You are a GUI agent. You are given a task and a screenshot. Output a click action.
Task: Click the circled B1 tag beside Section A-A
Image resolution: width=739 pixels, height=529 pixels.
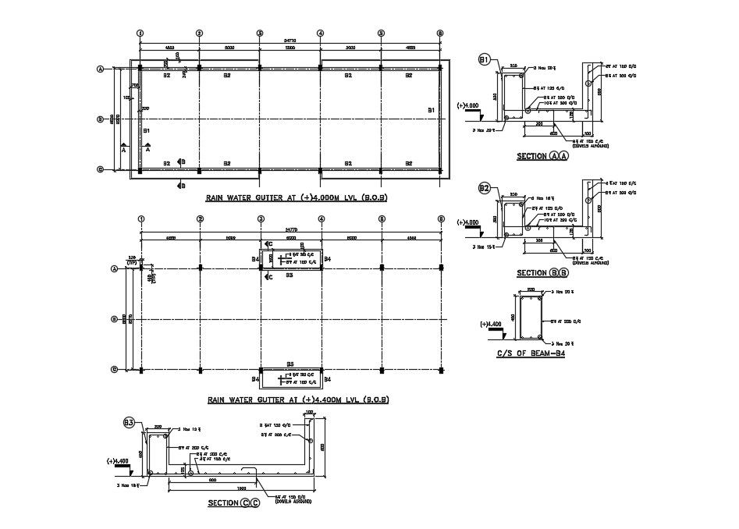[x=485, y=60]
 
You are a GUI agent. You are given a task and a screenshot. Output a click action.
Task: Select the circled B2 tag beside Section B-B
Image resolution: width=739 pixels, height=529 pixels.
[x=485, y=188]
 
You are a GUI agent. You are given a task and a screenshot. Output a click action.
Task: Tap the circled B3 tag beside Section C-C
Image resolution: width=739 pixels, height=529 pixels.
[x=130, y=423]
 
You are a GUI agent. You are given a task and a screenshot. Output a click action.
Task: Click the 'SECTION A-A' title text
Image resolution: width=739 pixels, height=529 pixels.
[x=542, y=156]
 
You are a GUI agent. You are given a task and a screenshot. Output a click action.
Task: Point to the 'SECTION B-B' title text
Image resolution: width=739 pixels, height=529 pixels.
[x=542, y=273]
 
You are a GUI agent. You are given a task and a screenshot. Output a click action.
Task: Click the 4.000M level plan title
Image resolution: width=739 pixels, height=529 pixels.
[x=297, y=199]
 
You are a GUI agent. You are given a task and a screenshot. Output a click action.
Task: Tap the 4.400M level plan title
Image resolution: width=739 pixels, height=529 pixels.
[x=298, y=399]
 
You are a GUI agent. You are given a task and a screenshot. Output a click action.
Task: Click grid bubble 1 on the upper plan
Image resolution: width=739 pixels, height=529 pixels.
[x=140, y=34]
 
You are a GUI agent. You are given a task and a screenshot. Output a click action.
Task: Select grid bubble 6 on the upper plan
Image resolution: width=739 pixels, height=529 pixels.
[x=440, y=34]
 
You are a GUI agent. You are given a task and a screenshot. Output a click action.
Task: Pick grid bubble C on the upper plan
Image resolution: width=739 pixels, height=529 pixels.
[x=100, y=169]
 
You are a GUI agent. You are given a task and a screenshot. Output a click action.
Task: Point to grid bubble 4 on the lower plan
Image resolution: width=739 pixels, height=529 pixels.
[x=321, y=219]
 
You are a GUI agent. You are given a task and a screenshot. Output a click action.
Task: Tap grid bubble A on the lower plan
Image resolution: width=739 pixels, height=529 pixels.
[x=114, y=269]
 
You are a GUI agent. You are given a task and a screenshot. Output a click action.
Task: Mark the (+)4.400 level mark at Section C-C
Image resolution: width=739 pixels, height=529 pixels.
[x=119, y=461]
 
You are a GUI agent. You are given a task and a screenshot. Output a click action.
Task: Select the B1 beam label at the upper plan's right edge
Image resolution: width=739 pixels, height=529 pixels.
[x=431, y=112]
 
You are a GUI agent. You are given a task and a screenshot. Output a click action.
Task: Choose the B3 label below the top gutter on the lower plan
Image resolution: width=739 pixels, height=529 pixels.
[x=289, y=275]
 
